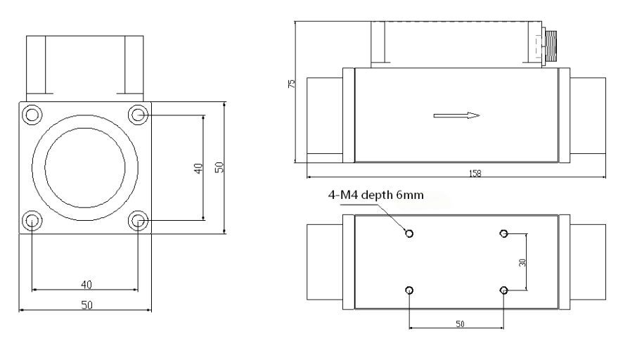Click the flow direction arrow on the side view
click(456, 116)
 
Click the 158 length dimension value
click(475, 174)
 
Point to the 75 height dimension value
click(292, 84)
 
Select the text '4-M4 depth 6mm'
click(375, 195)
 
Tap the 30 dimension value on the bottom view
click(522, 263)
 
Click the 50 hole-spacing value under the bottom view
click(461, 324)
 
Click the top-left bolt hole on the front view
click(32, 115)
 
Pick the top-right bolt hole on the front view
click(138, 115)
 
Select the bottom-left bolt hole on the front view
click(32, 221)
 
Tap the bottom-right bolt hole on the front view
click(138, 221)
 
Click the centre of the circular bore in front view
click(85, 168)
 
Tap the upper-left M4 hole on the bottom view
click(409, 233)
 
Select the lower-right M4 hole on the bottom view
click(504, 290)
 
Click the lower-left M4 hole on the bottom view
click(409, 290)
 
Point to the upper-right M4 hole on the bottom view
click(504, 233)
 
